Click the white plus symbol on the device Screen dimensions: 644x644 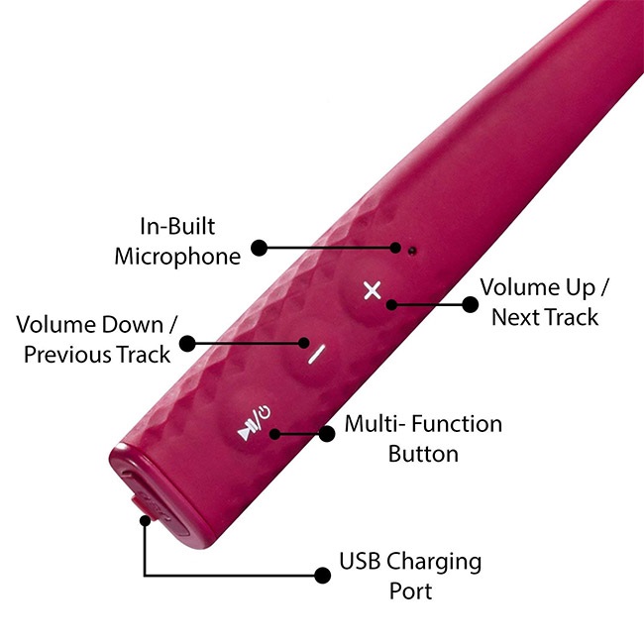tap(372, 290)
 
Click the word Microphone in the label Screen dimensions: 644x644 tap(177, 257)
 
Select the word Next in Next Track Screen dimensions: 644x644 tap(515, 317)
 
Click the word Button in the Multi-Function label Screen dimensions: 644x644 tap(423, 455)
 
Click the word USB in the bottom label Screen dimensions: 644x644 tap(361, 562)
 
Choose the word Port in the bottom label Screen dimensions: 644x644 tap(409, 591)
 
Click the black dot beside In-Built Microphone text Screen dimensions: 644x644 tap(260, 245)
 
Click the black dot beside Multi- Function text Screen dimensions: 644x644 tap(327, 433)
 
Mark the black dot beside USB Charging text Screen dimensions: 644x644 tap(321, 575)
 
